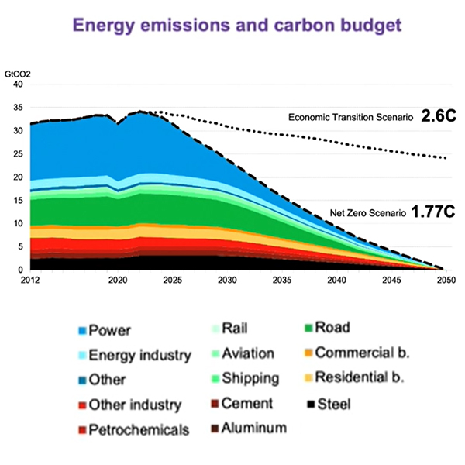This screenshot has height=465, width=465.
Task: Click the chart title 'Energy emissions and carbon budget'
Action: point(232,25)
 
